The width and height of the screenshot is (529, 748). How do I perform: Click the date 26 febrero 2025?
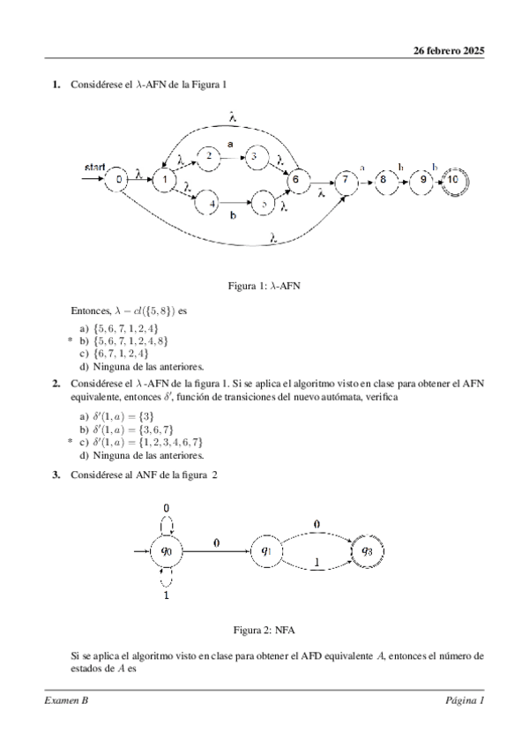450,50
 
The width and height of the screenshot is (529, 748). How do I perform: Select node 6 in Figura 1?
295,180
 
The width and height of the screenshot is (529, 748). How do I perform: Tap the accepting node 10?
453,179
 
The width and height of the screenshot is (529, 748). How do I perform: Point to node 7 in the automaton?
346,180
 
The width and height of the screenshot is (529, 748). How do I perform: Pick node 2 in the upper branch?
209,156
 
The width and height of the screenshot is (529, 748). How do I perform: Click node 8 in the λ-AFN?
383,179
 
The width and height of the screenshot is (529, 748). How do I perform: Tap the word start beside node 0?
95,167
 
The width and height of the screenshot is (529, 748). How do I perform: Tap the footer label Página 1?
465,700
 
